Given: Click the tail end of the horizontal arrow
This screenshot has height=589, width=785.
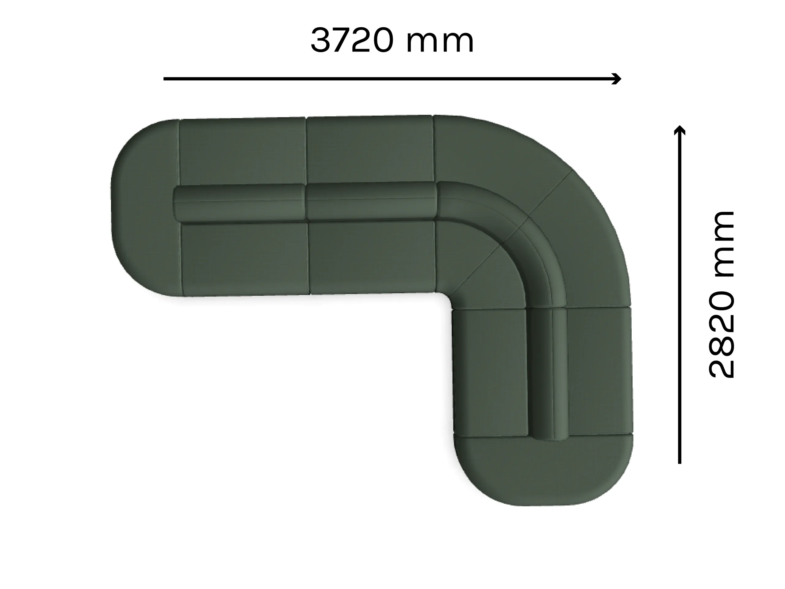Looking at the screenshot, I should coord(165,79).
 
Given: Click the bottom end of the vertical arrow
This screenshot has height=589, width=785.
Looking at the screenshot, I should coord(679,462).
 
